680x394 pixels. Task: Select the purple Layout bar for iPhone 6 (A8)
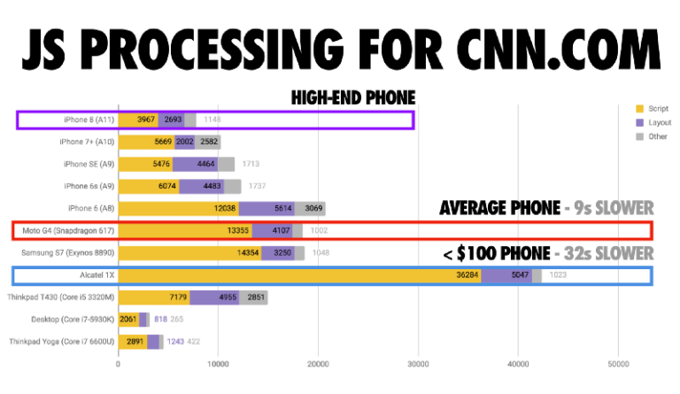[271, 208]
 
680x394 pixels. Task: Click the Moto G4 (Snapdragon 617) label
[65, 231]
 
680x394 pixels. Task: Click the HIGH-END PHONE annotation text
[353, 98]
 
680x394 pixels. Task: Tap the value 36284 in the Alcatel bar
[467, 275]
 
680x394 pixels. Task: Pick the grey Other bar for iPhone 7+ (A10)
[209, 141]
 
